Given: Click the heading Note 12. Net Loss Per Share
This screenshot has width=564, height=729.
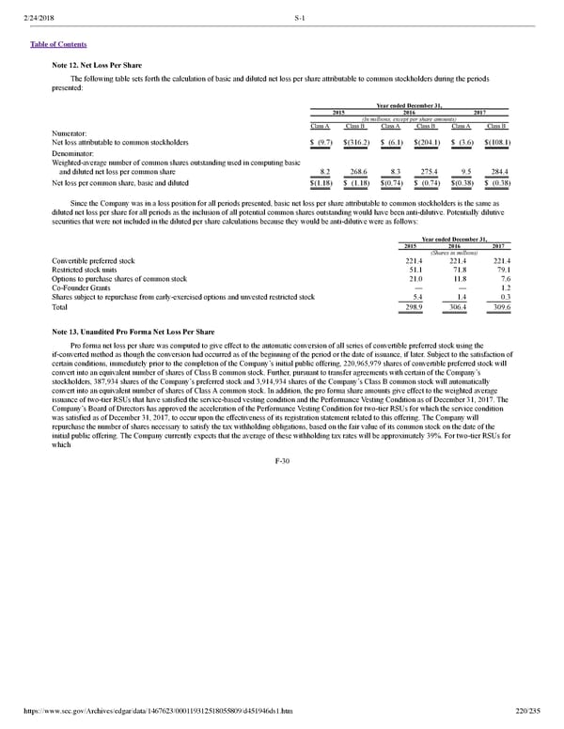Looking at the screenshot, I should (99, 65).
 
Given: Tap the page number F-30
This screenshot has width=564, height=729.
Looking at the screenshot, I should (282, 462).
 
